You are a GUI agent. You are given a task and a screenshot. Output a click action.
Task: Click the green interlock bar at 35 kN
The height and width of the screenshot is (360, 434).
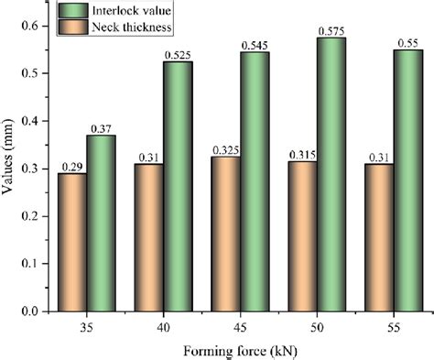click(x=101, y=224)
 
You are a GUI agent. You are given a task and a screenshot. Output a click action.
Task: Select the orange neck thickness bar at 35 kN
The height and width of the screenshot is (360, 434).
click(x=73, y=243)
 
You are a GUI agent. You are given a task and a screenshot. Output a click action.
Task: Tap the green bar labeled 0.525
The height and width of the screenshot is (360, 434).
click(x=178, y=188)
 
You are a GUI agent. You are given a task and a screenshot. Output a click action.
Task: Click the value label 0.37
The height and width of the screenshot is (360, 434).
click(x=101, y=127)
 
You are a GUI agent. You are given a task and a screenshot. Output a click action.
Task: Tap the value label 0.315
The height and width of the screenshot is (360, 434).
click(x=303, y=153)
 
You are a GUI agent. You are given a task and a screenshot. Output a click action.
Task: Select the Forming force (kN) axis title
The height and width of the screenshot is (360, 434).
click(x=241, y=348)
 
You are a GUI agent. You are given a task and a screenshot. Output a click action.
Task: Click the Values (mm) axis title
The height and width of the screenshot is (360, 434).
click(x=9, y=169)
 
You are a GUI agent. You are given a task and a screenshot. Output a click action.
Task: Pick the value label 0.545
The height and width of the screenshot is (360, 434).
click(x=254, y=44)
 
